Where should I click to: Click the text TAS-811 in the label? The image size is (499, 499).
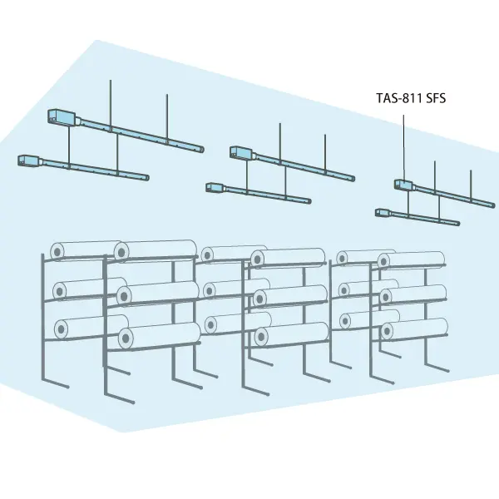pos(399,98)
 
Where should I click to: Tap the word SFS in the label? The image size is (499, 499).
pos(436,98)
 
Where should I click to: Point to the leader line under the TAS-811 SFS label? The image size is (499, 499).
pos(404,148)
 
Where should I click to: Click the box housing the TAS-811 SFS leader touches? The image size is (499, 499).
pos(403,185)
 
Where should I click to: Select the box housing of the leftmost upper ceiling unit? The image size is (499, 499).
pos(62,116)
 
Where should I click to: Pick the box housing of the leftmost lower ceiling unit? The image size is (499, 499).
pos(29,161)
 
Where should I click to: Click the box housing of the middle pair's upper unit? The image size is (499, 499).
pos(242,152)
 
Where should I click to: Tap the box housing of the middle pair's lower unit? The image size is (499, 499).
pos(215,187)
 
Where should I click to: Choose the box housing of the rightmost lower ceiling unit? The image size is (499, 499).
pos(383,213)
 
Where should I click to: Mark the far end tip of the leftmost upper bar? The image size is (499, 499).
pos(202,149)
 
